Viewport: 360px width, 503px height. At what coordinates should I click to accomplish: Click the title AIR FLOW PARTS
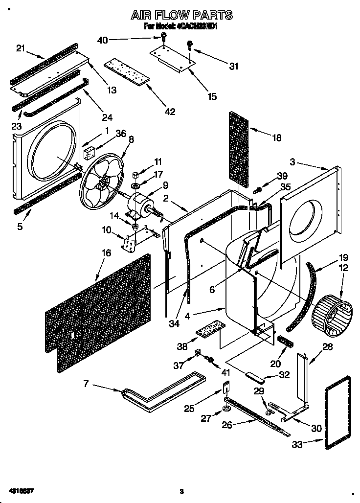(181, 16)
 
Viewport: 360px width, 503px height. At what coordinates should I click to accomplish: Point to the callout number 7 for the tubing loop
(86, 384)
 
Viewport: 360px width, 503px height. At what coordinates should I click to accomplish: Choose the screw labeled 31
(189, 46)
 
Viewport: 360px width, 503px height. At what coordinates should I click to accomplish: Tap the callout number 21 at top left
(21, 47)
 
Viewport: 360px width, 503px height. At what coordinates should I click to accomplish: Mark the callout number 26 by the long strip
(226, 424)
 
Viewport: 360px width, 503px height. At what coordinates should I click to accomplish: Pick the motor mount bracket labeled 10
(130, 242)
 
